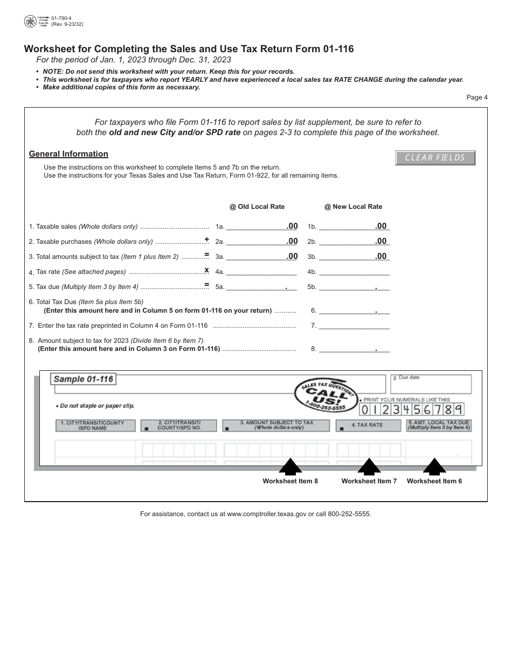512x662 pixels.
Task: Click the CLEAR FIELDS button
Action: tap(435, 158)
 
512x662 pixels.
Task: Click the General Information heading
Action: tap(68, 154)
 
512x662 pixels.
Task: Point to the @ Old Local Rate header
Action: tap(257, 207)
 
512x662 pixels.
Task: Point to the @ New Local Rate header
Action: tap(353, 207)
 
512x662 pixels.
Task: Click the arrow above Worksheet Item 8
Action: tap(290, 466)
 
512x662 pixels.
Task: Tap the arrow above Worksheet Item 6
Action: tap(434, 466)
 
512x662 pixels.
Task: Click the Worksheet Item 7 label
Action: tap(369, 481)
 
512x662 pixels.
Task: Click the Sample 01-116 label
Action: tap(84, 379)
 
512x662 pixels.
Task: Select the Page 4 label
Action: tap(477, 97)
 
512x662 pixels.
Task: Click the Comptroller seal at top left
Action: tap(30, 22)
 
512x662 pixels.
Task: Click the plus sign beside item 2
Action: tap(206, 240)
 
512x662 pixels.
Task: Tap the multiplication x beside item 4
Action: tap(206, 270)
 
